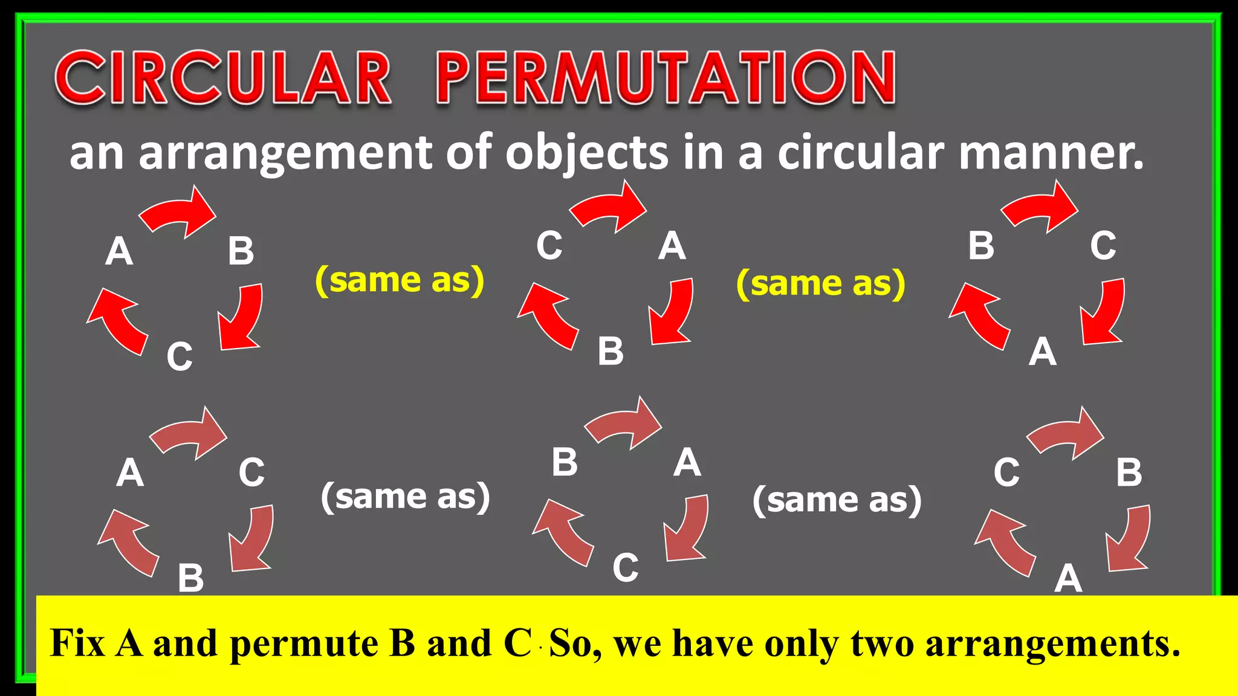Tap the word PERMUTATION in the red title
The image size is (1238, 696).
665,79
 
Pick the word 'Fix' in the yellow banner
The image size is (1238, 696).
78,643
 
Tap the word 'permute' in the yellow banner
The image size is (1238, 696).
305,643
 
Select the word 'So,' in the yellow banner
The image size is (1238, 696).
575,643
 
